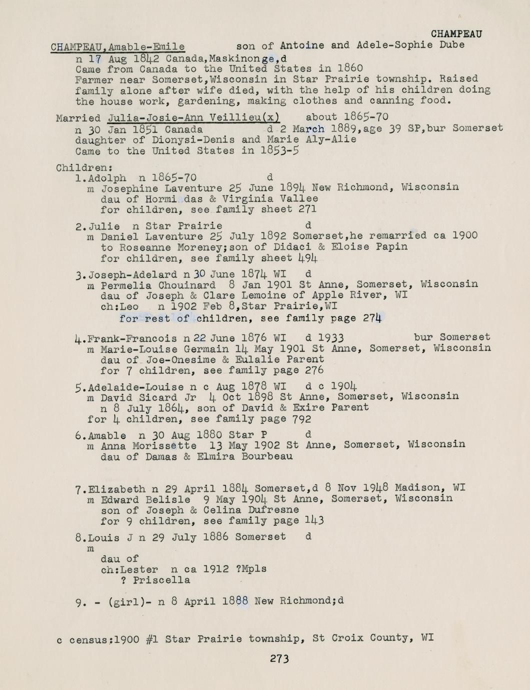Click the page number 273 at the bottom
coord(279,659)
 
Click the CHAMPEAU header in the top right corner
coord(456,33)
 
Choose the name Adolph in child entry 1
coord(107,178)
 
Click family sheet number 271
coord(307,210)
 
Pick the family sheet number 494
coord(307,258)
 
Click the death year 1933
coord(330,337)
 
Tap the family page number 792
coord(301,419)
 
